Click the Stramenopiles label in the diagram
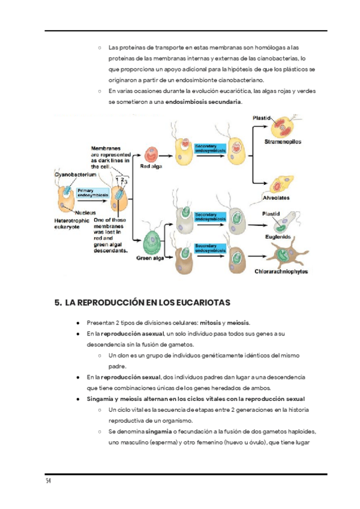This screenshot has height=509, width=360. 283,142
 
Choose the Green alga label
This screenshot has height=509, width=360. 151,259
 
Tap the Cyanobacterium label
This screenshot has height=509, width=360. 75,174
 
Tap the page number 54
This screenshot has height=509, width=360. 48,482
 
